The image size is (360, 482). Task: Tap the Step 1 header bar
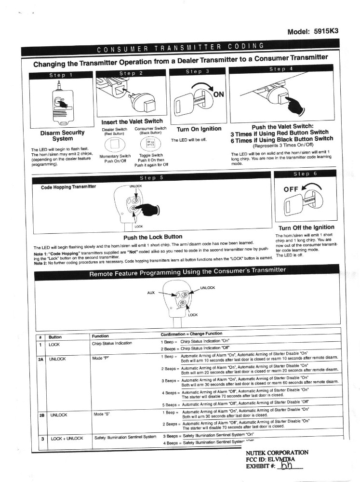tap(61, 76)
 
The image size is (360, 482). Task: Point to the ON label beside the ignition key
tap(218, 94)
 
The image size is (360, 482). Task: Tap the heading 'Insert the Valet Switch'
tap(132, 121)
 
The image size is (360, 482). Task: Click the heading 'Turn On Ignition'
tap(199, 129)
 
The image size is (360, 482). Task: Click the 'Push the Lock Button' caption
tap(153, 237)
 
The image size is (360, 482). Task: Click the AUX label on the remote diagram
tap(151, 292)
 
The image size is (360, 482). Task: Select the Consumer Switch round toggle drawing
tap(150, 144)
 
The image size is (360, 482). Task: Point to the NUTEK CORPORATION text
tap(277, 453)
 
